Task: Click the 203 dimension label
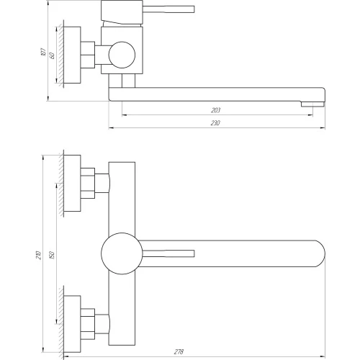click(215, 110)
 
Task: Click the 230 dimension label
click(215, 123)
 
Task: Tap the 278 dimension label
click(179, 352)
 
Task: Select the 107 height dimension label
click(43, 52)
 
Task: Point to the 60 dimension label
click(52, 55)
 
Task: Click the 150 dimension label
click(52, 255)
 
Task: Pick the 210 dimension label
click(39, 255)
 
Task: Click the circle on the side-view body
click(122, 55)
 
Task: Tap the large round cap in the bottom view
click(122, 253)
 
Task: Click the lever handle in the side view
click(168, 9)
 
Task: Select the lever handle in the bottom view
click(168, 253)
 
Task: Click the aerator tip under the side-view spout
click(312, 104)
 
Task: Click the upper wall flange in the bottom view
click(72, 184)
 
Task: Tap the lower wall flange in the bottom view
click(72, 324)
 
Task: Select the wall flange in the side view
click(72, 55)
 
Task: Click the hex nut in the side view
click(88, 55)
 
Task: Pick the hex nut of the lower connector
click(88, 324)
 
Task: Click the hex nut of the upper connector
click(88, 184)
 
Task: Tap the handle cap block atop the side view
click(122, 12)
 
